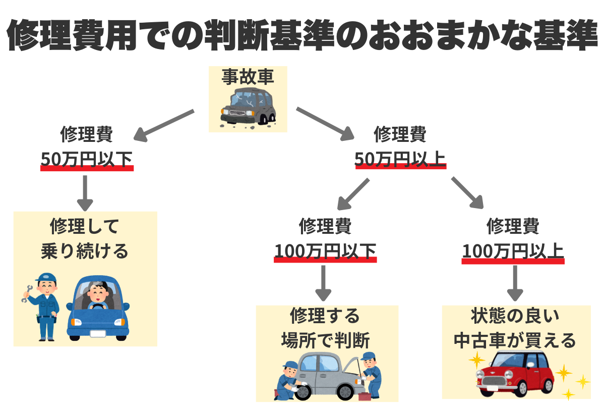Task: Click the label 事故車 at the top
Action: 248,77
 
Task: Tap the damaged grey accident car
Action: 248,107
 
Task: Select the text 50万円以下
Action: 86,159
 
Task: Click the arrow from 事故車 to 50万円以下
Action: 163,125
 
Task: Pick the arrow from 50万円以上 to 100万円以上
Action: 467,193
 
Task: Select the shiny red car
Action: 514,374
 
